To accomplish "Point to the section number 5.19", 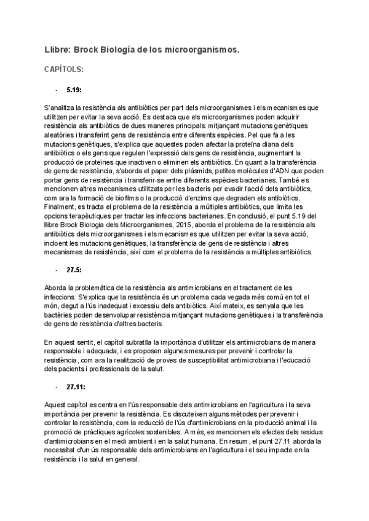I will point(74,90).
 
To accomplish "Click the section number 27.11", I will point(76,387).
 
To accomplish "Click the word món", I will point(52,305).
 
